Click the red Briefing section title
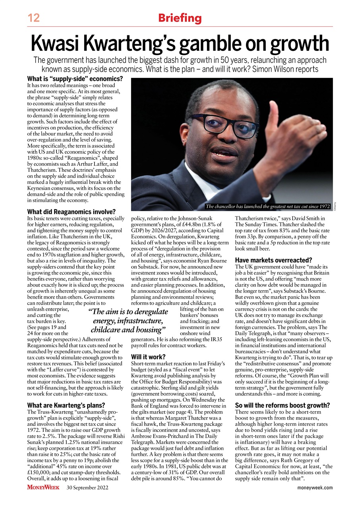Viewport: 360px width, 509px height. (180, 18)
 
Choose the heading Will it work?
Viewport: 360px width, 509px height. (148, 357)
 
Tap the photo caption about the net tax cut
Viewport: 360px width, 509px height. (267, 206)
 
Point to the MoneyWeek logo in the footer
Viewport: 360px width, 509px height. (43, 488)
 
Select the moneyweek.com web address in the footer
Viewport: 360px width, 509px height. (315, 488)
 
